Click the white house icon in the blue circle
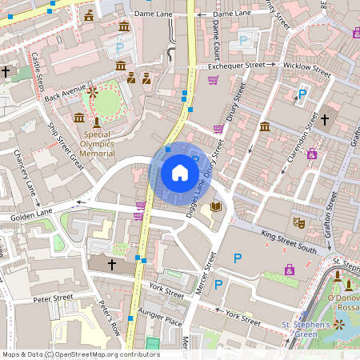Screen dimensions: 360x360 pos(180,172)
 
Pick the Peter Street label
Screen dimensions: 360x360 pos(53,298)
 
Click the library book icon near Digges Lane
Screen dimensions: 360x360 pos(215,207)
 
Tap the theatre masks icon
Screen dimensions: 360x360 pos(299,222)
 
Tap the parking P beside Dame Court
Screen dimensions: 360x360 pos(243,39)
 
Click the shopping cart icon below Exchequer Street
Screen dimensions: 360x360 pos(213,80)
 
